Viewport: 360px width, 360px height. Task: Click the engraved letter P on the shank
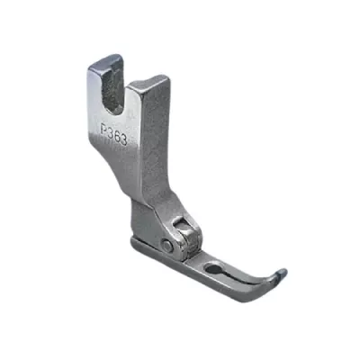coord(103,130)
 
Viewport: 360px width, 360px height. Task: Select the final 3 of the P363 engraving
coord(123,140)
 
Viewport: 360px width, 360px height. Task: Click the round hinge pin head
coord(166,246)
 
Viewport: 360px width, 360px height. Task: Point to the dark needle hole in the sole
coord(213,268)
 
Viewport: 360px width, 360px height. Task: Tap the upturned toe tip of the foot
coord(282,273)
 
